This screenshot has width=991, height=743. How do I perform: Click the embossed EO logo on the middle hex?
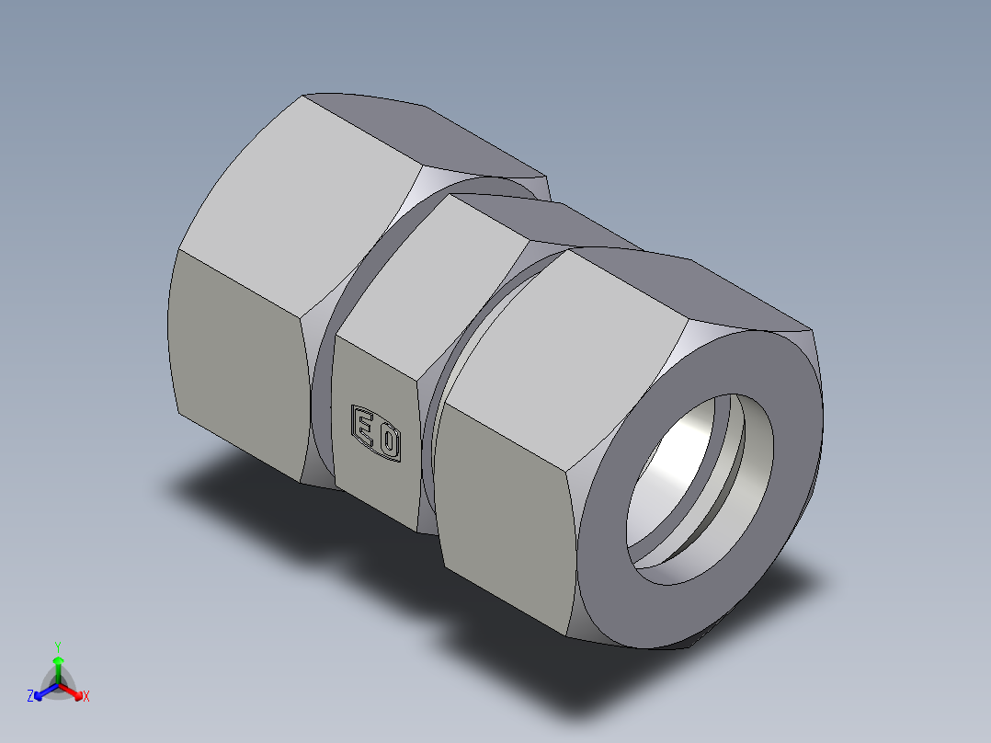pos(377,433)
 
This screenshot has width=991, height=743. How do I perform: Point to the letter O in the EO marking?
pos(389,442)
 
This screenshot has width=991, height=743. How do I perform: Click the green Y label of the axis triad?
pos(57,646)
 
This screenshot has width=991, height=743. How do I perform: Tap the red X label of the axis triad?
pos(86,697)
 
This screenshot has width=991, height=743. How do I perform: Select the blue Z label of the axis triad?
pos(30,697)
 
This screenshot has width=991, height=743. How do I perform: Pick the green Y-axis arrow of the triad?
pos(58,666)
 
